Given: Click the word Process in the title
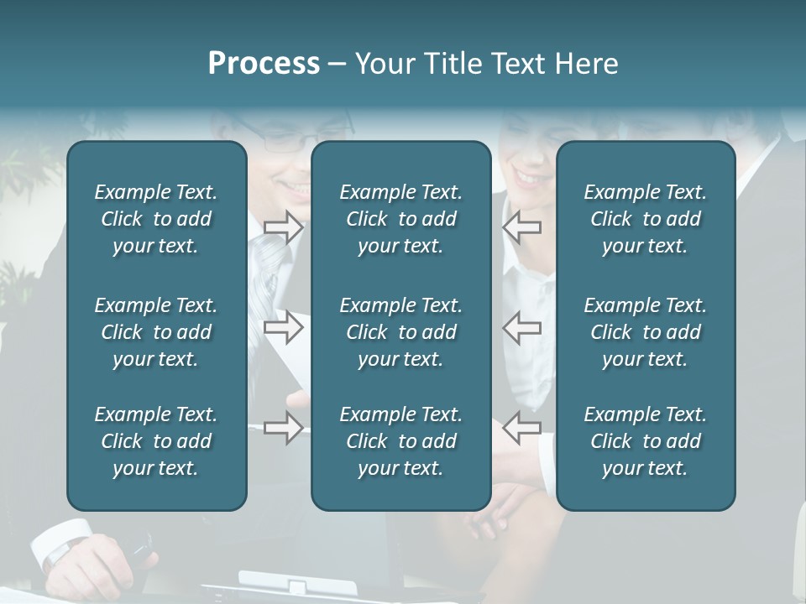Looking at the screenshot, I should click(264, 64).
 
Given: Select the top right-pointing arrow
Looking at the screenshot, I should click(283, 227).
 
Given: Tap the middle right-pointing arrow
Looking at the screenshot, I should click(283, 327).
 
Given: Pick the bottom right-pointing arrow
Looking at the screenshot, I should click(283, 428).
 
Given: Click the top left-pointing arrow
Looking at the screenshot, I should click(522, 227).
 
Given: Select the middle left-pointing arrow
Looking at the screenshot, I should click(522, 327).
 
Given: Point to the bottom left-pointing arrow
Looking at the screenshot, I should click(522, 428).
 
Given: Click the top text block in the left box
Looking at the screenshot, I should click(156, 219).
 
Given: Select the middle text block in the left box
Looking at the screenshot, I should click(156, 332).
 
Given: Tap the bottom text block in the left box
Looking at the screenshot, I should click(156, 441).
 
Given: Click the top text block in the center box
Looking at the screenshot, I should click(401, 219).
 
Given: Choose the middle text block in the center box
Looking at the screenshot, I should click(401, 332).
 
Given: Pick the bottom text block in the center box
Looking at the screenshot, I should click(401, 441).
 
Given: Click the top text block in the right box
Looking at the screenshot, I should click(646, 219).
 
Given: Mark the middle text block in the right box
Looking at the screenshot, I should click(646, 332).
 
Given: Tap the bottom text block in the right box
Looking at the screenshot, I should click(646, 441).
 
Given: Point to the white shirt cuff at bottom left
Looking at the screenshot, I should click(59, 541).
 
